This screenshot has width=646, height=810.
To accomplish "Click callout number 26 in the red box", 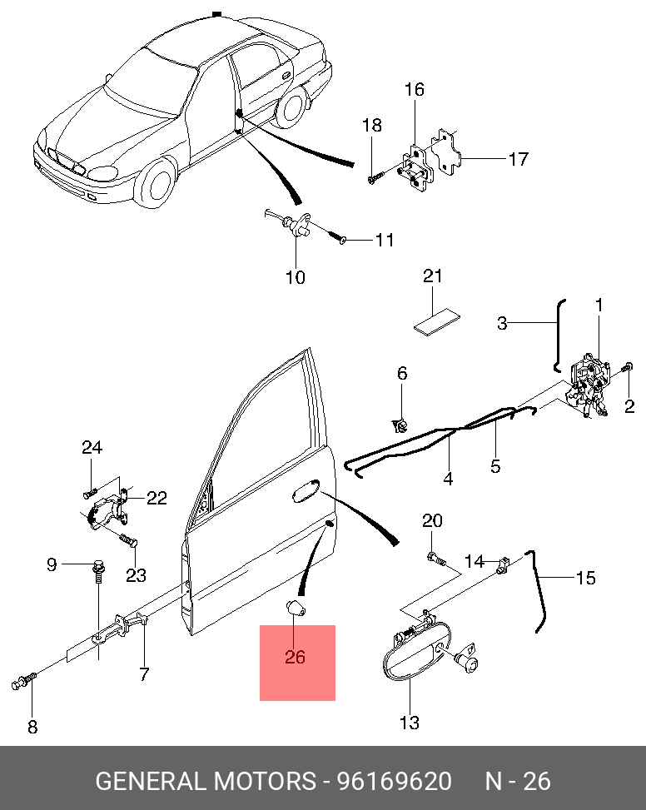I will [295, 657].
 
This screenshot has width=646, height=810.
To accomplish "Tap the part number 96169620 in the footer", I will [393, 782].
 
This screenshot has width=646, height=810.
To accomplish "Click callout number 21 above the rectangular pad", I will [433, 276].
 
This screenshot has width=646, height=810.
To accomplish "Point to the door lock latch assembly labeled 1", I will [593, 380].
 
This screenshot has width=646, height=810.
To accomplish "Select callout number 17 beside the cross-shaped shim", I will [518, 158].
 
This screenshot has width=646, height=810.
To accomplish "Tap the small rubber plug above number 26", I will [296, 607].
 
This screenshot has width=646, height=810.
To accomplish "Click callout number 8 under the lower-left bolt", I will [32, 727].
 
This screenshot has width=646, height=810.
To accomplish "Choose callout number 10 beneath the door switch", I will [296, 277].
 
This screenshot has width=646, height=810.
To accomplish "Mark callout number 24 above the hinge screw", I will [92, 448].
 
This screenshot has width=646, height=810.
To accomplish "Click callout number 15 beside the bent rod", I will [586, 577].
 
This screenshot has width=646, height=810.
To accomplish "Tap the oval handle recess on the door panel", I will [305, 491].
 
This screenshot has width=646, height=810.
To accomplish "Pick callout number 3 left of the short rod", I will [502, 323].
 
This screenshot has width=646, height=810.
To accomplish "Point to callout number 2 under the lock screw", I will [629, 406].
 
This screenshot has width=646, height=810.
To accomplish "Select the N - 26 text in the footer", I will [518, 782].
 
